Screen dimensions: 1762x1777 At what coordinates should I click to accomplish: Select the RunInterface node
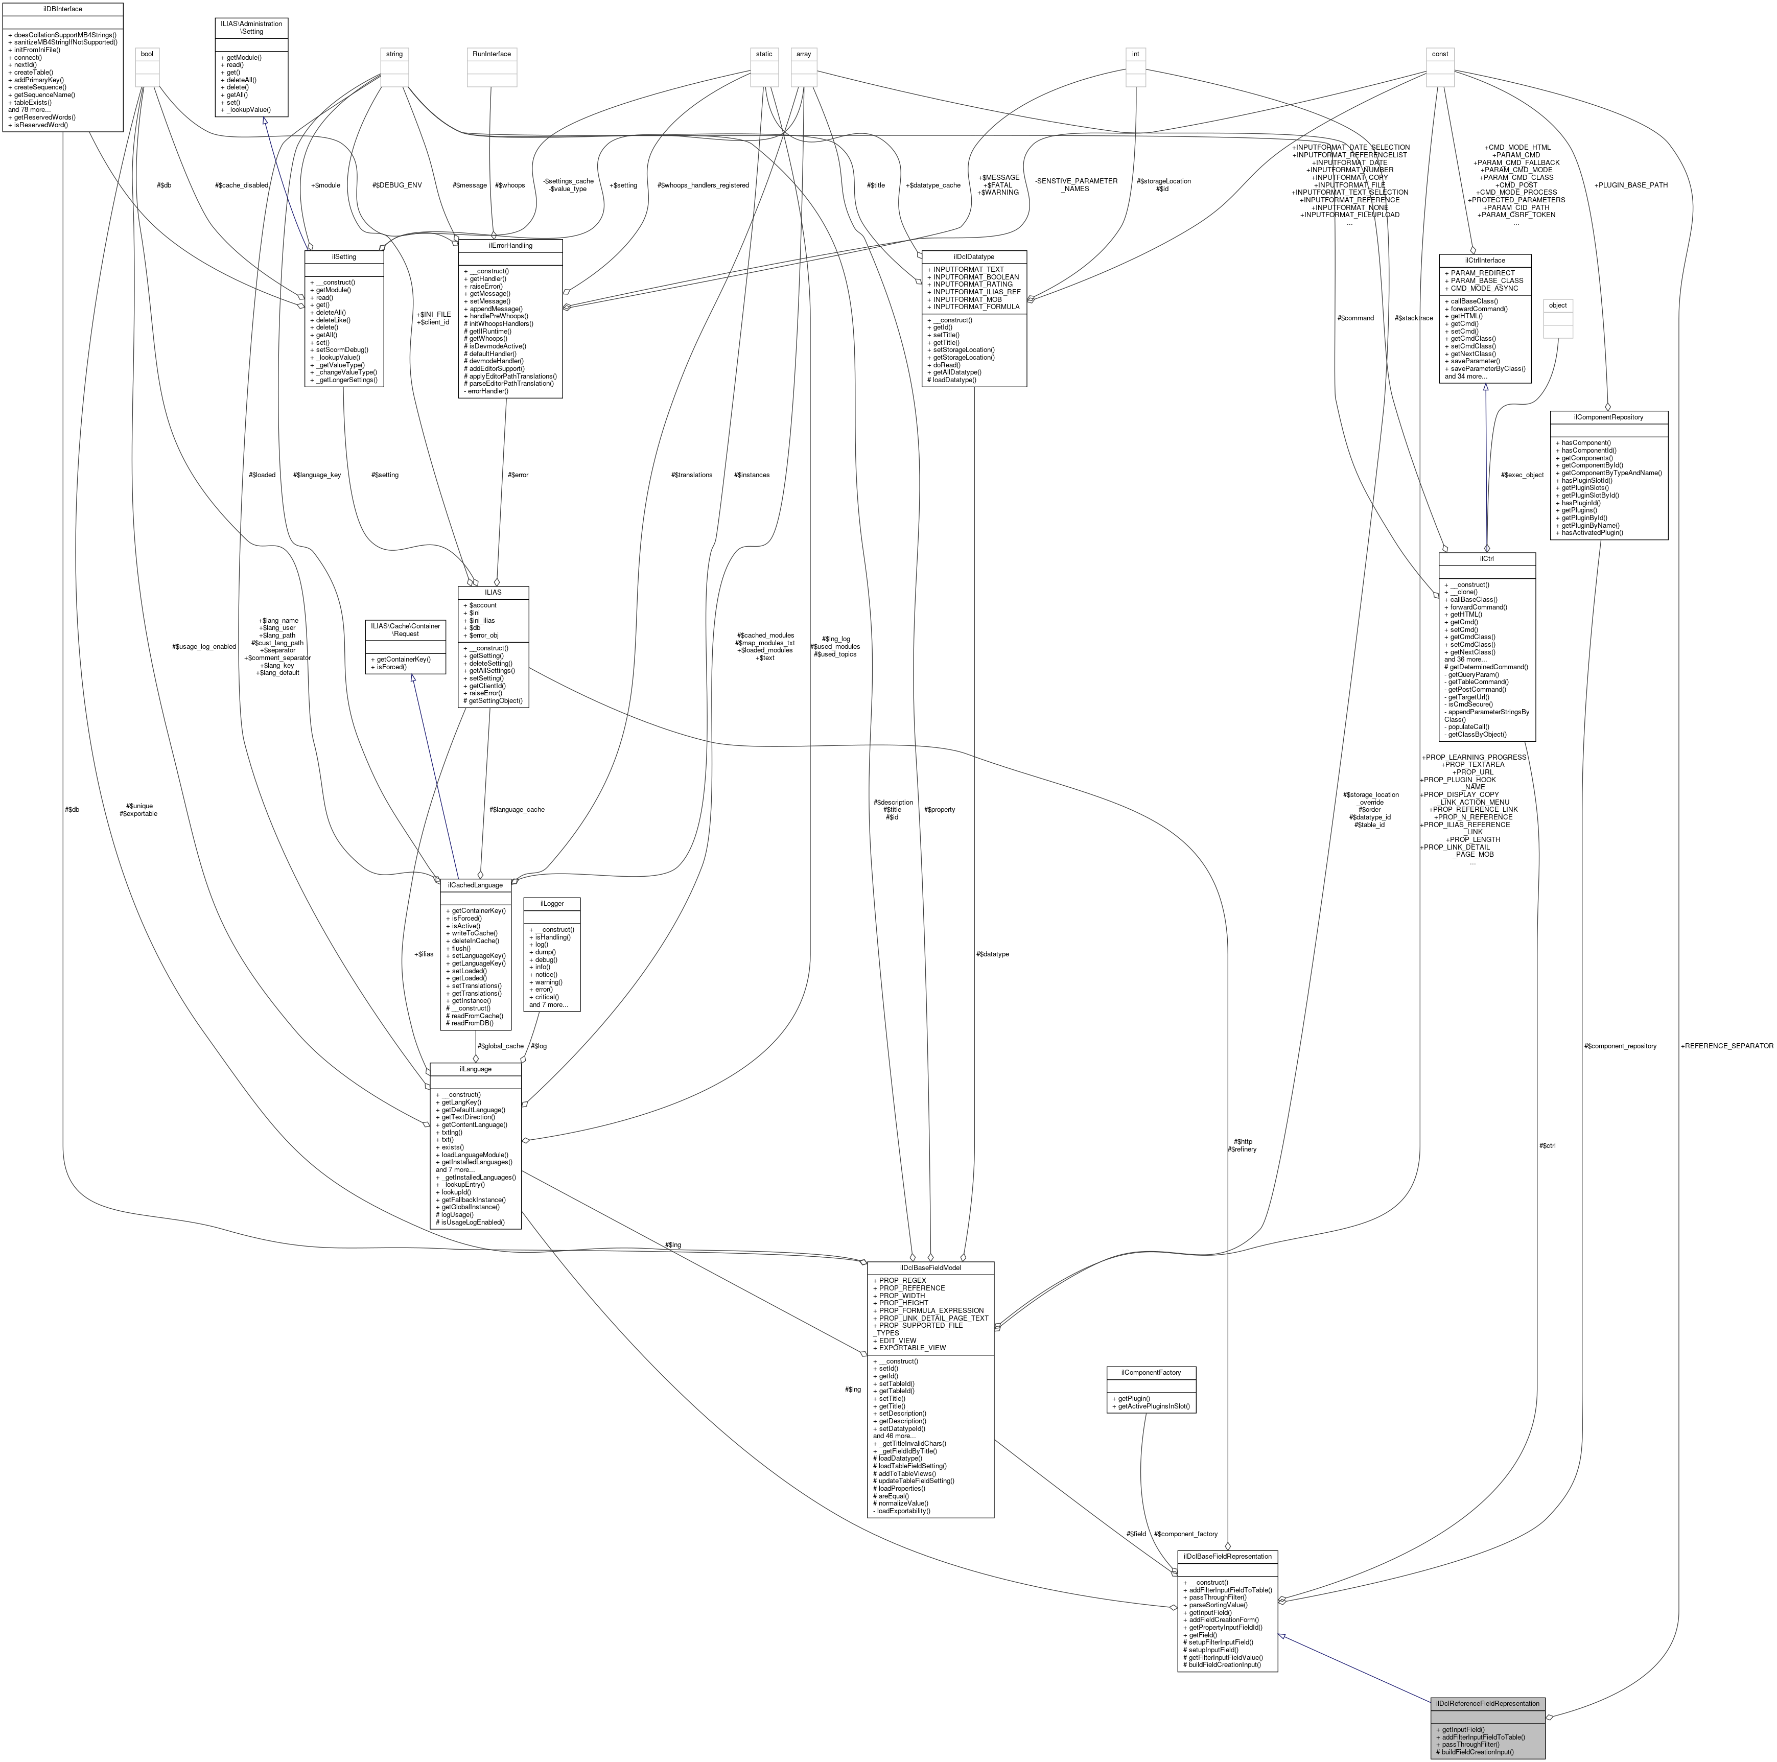(x=491, y=54)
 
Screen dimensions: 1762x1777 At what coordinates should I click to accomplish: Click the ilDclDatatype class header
(x=973, y=256)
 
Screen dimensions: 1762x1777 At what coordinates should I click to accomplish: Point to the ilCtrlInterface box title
(x=1485, y=260)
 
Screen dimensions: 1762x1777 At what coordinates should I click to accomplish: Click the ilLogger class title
(x=551, y=903)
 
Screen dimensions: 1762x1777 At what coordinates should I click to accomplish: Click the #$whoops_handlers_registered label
(x=704, y=185)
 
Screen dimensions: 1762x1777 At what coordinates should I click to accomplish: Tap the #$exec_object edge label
(x=1522, y=475)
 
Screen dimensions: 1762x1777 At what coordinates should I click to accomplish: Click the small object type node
(x=1557, y=306)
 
